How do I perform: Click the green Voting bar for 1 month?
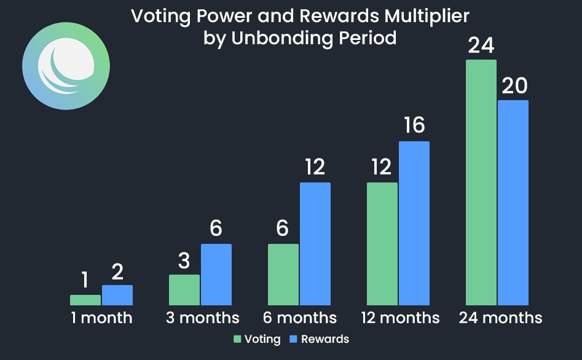pos(85,300)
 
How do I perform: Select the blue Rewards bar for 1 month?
pos(117,295)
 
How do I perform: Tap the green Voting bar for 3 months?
pos(184,289)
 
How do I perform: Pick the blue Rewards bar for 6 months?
pos(315,243)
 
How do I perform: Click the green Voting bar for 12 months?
pos(382,243)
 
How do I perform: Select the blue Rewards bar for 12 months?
pos(414,223)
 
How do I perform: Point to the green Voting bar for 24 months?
pos(481,182)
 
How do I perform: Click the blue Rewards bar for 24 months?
pos(513,202)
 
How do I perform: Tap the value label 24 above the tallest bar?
pos(481,46)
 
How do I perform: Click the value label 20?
pos(514,87)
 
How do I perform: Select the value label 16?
pos(415,126)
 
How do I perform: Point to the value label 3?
pos(184,261)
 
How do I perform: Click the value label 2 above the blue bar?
pos(118,271)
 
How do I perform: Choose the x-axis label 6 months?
pos(299,318)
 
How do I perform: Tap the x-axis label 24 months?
pos(500,318)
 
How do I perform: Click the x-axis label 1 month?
pos(101,318)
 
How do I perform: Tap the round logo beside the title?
pos(66,66)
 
